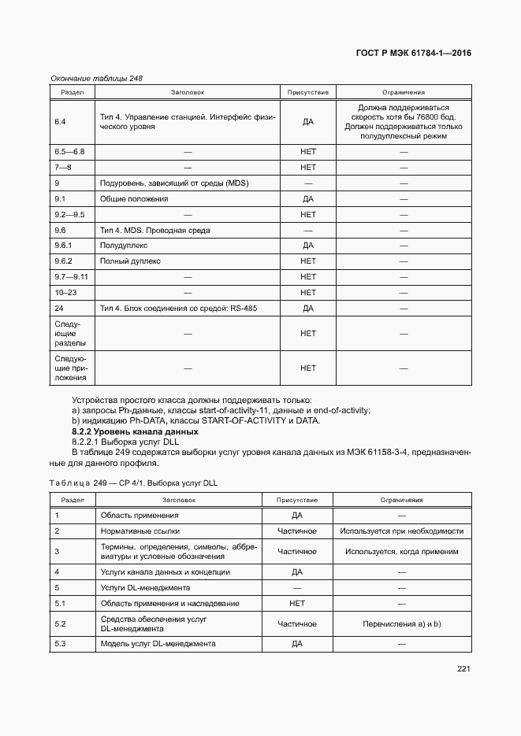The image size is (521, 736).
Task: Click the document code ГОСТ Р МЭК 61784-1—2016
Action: (417, 54)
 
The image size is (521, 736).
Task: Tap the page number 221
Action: (463, 669)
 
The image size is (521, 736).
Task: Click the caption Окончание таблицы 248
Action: (96, 78)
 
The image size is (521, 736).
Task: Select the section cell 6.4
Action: (60, 122)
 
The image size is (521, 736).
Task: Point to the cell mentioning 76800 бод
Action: (403, 122)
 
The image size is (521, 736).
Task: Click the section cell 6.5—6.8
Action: (69, 151)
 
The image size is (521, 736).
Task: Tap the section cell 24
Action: (59, 308)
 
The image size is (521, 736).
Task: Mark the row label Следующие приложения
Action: (71, 368)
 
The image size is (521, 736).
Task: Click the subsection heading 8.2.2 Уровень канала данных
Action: (135, 432)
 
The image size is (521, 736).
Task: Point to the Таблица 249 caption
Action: (132, 483)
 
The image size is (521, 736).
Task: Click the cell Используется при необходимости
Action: (402, 531)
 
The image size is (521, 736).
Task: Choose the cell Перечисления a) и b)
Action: (402, 624)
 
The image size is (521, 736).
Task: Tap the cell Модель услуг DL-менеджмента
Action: (158, 644)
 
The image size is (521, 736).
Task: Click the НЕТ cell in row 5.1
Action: (297, 603)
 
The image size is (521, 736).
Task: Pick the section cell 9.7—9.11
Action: (71, 276)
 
